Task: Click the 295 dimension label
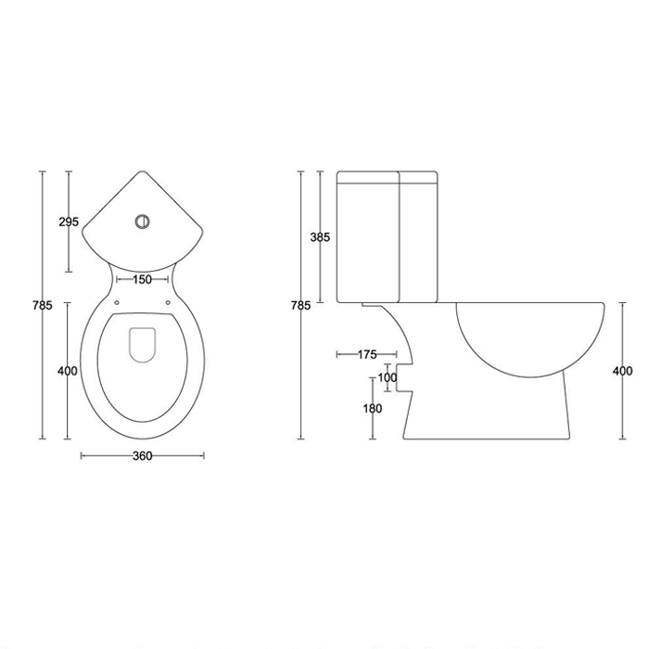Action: pos(69,222)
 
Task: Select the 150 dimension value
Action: pos(143,280)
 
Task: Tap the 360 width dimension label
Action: pos(143,456)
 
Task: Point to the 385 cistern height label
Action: pos(321,237)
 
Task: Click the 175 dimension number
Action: pos(367,354)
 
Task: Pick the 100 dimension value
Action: pos(388,377)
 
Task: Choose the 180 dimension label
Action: pos(373,409)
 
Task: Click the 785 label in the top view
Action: pos(43,305)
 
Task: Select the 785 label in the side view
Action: pos(301,305)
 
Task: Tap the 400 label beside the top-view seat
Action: pos(68,371)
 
